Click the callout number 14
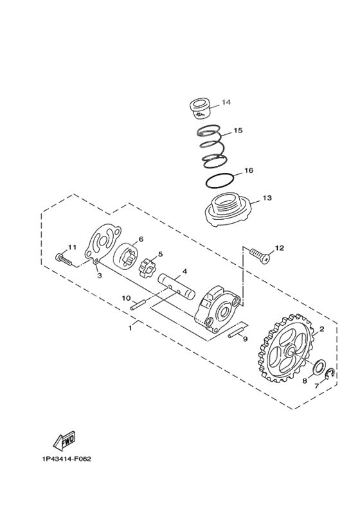coord(226,103)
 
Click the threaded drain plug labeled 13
coord(226,211)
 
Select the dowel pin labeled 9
coord(235,334)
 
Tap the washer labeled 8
coord(318,368)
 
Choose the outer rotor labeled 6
coord(127,256)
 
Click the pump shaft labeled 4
coord(178,284)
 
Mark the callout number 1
coord(130,328)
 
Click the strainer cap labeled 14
coord(201,107)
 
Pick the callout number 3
coord(100,275)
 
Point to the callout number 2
coord(322,328)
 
